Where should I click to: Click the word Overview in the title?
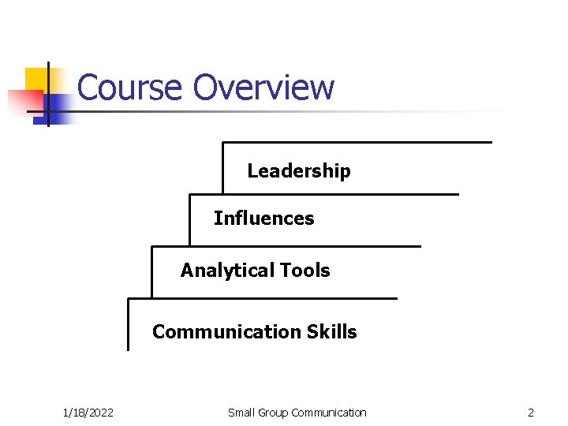(263, 88)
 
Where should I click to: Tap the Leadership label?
(299, 171)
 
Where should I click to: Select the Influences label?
(263, 219)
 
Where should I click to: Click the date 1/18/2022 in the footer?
(88, 413)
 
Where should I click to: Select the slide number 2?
(531, 413)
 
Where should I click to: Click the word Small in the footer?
(241, 413)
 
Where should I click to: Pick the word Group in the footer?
(273, 413)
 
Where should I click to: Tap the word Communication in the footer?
(329, 413)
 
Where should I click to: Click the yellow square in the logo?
(38, 79)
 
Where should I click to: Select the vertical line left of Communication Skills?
(128, 324)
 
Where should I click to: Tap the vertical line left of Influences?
(189, 219)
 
